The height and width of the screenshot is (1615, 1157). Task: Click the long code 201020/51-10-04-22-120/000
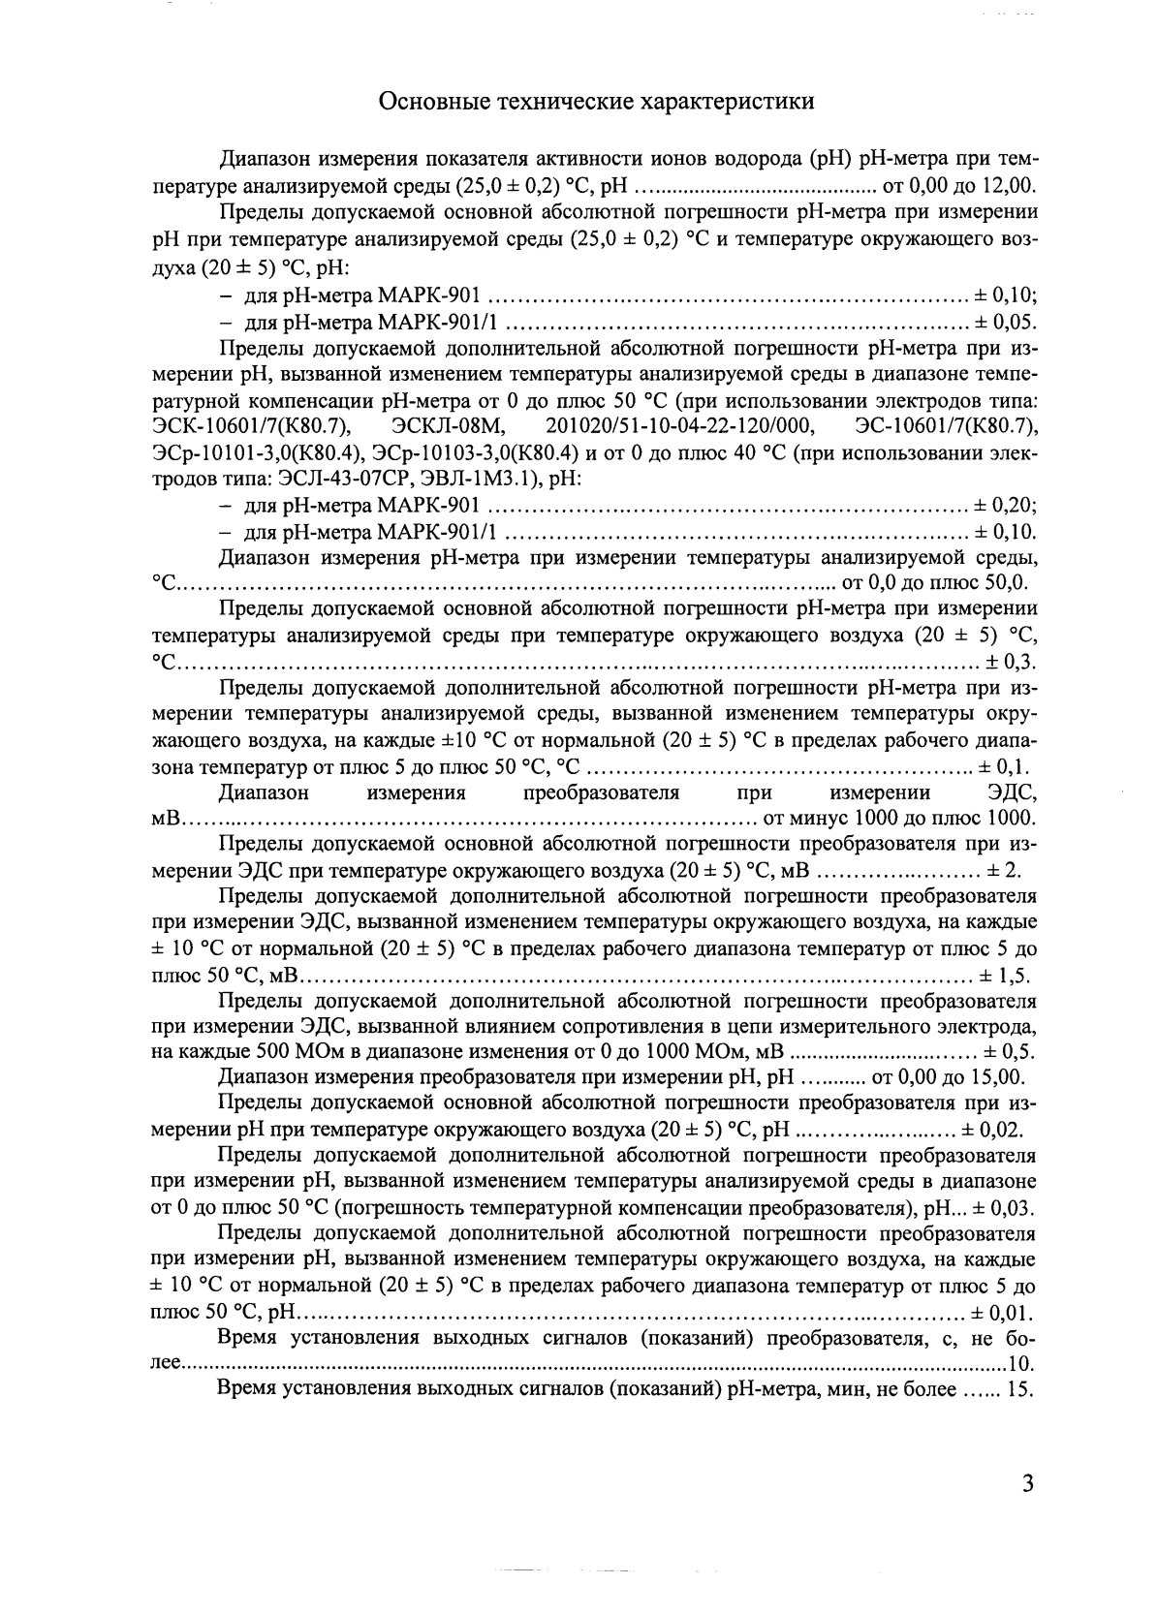pyautogui.click(x=680, y=426)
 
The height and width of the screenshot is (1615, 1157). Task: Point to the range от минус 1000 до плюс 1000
pyautogui.click(x=901, y=819)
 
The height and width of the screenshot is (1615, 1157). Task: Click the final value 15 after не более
pyautogui.click(x=1019, y=1390)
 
